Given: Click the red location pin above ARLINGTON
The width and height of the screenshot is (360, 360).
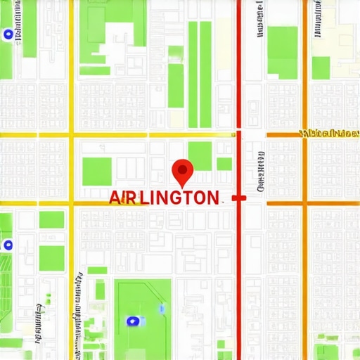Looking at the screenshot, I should pyautogui.click(x=182, y=169).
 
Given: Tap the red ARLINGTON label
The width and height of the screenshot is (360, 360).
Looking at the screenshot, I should pyautogui.click(x=164, y=198).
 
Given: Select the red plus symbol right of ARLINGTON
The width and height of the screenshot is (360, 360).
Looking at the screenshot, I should pyautogui.click(x=239, y=198).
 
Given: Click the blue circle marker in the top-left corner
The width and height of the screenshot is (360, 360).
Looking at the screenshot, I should pyautogui.click(x=8, y=34).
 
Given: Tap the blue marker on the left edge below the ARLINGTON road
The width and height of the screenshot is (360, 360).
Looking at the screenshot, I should pyautogui.click(x=8, y=245).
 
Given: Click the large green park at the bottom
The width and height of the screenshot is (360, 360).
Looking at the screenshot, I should pyautogui.click(x=143, y=316).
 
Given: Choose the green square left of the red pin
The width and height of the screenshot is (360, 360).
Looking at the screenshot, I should pyautogui.click(x=97, y=172).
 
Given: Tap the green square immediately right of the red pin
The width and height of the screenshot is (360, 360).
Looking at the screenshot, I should pyautogui.click(x=200, y=155).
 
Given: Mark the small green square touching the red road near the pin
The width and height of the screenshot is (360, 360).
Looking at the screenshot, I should pyautogui.click(x=224, y=164).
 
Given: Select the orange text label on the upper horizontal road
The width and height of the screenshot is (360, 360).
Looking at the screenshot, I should pyautogui.click(x=328, y=133).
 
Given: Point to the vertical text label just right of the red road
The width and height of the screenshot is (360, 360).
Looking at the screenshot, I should pyautogui.click(x=261, y=171).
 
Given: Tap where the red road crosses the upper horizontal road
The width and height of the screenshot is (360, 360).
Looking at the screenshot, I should pyautogui.click(x=239, y=134).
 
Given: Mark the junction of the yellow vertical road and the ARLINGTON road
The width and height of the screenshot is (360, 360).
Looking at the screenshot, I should pyautogui.click(x=71, y=202).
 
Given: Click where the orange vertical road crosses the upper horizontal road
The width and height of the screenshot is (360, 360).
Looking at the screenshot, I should pyautogui.click(x=305, y=134).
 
